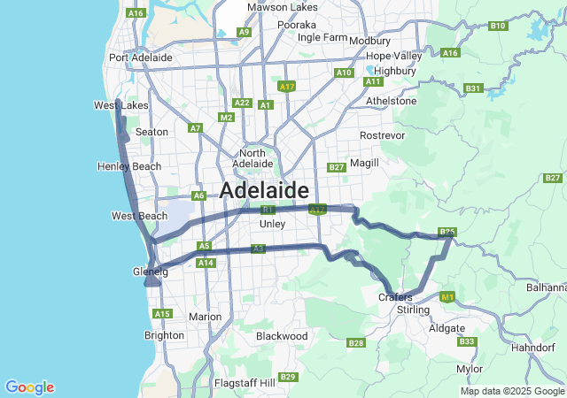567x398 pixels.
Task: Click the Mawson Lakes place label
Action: pos(282,7)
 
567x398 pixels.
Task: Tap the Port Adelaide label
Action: pos(140,57)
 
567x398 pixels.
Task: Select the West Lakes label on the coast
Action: pos(120,105)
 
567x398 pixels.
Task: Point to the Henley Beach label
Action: pos(130,166)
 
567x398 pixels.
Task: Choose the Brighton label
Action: pos(164,335)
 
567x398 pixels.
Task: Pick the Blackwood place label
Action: pos(282,336)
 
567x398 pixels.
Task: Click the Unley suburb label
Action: pos(272,224)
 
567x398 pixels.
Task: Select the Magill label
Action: pos(364,163)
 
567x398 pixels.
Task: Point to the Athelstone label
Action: pos(391,101)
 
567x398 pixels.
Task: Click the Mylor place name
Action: pos(470,369)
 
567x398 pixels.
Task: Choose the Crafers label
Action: pos(395,297)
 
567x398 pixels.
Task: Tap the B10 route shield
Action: pos(498,26)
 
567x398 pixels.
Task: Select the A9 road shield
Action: pos(244,32)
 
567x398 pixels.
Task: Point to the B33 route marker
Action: pos(468,341)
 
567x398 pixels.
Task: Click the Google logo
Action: pos(29,387)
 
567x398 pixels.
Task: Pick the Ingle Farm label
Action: pos(322,37)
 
